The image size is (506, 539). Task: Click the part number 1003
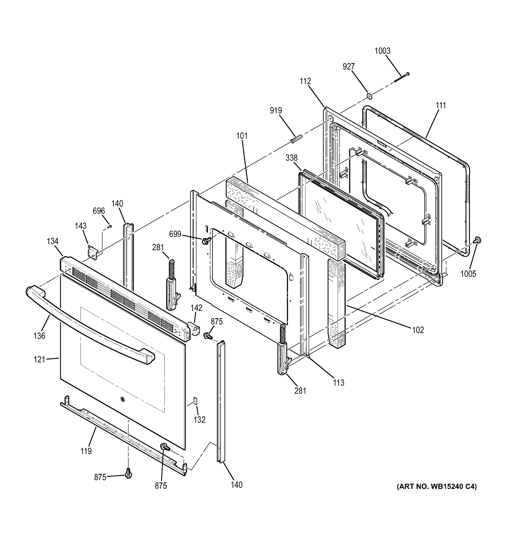382,51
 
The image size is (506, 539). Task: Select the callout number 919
276,111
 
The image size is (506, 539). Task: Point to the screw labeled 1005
478,240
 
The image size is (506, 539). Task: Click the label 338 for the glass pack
291,158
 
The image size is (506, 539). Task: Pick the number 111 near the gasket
441,105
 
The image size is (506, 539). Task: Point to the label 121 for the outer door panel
39,360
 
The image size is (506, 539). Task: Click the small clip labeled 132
195,401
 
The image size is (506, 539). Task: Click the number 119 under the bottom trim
86,451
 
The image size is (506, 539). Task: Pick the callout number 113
338,382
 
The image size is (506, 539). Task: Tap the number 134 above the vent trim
52,241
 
